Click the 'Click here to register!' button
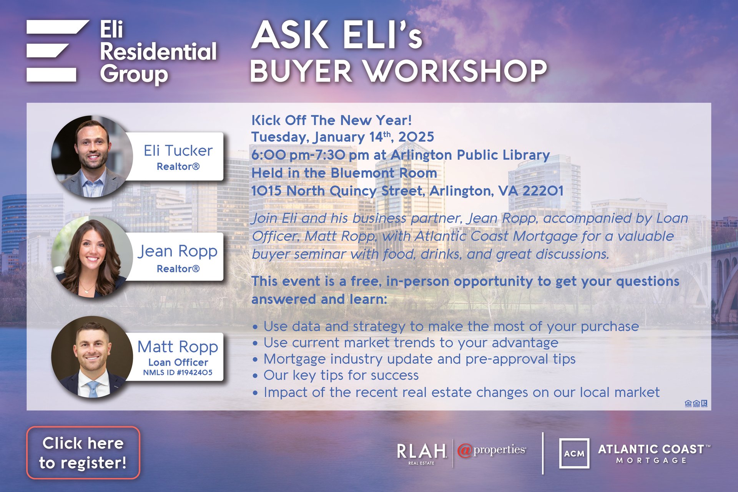(x=83, y=452)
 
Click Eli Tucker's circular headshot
(x=92, y=156)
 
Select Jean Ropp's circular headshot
(x=92, y=257)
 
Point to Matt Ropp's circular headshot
(x=92, y=357)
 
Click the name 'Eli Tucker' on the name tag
(x=178, y=151)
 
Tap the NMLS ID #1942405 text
(x=178, y=372)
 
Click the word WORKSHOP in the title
(x=455, y=71)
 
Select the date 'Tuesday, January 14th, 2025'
(x=342, y=137)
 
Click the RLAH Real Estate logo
(x=422, y=454)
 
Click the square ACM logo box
(x=574, y=453)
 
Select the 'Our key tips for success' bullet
(x=336, y=375)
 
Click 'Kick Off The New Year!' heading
(x=332, y=120)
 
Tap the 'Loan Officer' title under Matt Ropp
(x=178, y=362)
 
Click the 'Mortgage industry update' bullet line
(x=414, y=359)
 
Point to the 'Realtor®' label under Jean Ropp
(x=178, y=268)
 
